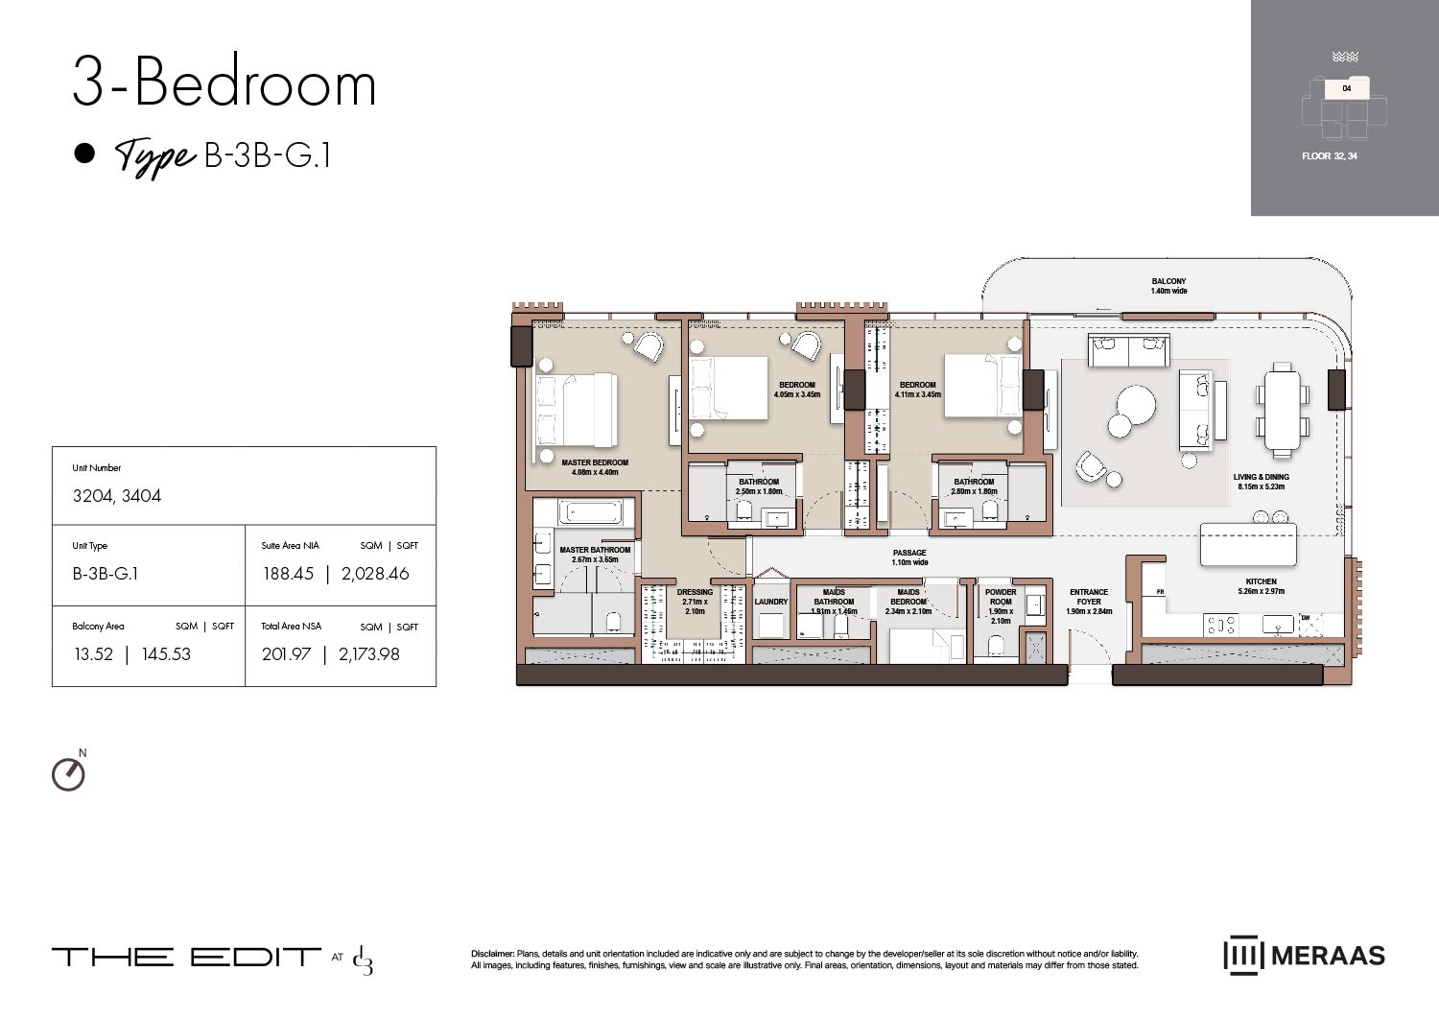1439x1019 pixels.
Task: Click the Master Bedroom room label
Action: click(595, 467)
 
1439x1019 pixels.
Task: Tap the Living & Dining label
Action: click(1261, 482)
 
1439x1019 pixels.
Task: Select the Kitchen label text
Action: click(1261, 586)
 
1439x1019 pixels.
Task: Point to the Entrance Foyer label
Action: click(1089, 602)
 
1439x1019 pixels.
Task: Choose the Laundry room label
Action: click(770, 603)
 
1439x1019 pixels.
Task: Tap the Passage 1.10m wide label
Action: click(909, 557)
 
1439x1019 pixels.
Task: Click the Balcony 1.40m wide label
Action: click(1168, 286)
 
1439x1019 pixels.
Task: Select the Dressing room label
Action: click(695, 602)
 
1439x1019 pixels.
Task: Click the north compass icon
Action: click(68, 773)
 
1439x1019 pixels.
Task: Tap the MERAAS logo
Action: click(1304, 956)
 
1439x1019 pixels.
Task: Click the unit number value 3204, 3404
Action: click(117, 496)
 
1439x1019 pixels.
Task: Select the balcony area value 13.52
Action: click(93, 654)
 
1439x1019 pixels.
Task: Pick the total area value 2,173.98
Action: click(369, 654)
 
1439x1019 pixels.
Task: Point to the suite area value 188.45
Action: click(288, 574)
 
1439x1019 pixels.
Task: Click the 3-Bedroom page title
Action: click(224, 83)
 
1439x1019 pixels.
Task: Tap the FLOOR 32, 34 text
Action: click(1329, 156)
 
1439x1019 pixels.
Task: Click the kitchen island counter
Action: click(1247, 545)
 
